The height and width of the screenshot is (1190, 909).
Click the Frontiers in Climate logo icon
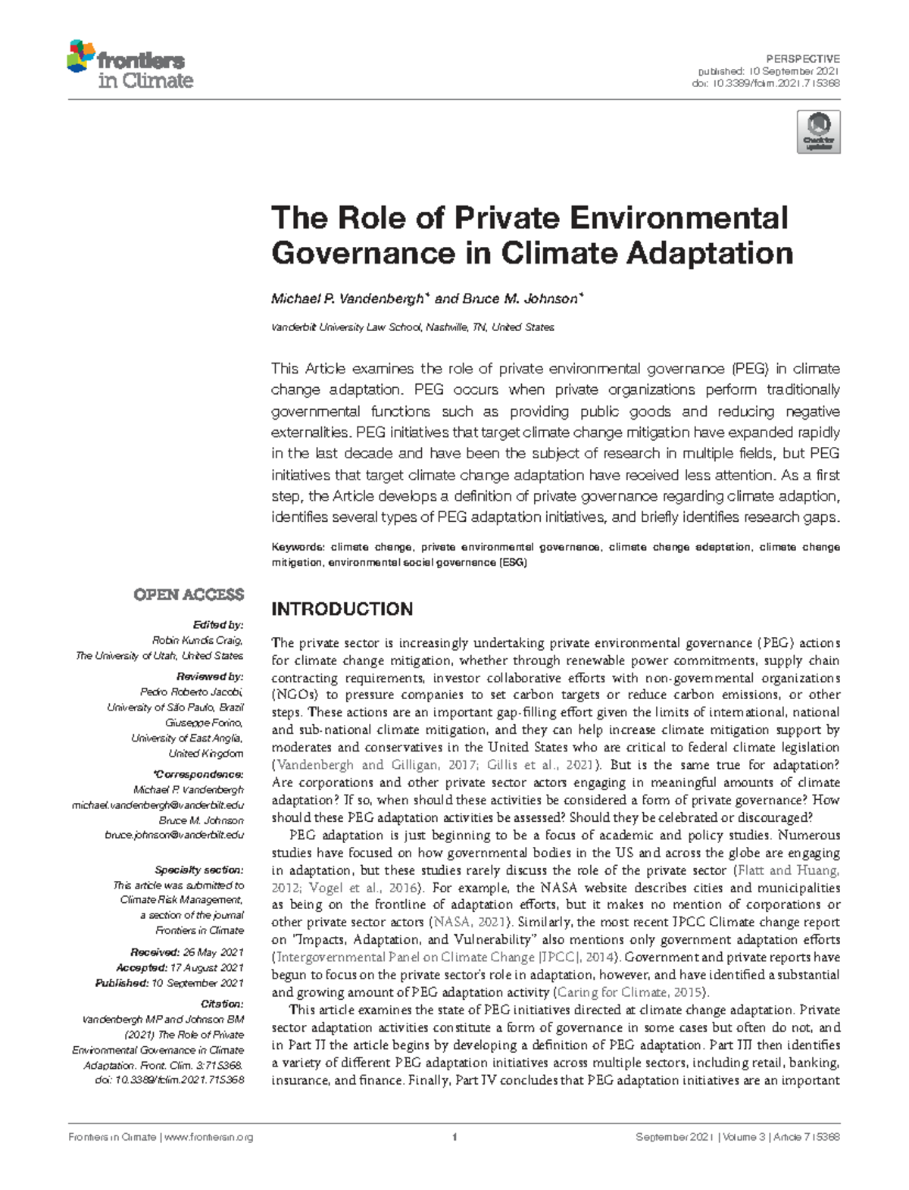[x=81, y=58]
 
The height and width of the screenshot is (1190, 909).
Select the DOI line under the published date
[x=766, y=83]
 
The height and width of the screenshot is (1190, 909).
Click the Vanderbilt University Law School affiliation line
[x=413, y=327]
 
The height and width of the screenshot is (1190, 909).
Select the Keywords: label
[x=298, y=547]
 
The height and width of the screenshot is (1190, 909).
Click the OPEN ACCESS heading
[x=189, y=595]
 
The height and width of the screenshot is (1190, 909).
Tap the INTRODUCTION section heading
[x=342, y=609]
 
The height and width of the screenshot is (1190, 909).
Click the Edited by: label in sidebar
[x=218, y=625]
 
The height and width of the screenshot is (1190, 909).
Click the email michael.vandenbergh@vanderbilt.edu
[x=158, y=805]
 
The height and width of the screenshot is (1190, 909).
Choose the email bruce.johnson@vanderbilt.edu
[x=174, y=835]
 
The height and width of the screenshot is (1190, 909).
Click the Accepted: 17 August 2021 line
[x=180, y=967]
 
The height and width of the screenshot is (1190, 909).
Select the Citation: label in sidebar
[x=222, y=1004]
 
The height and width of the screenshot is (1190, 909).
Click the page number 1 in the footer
[x=454, y=1137]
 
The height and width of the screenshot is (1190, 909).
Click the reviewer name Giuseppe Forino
[x=209, y=723]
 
